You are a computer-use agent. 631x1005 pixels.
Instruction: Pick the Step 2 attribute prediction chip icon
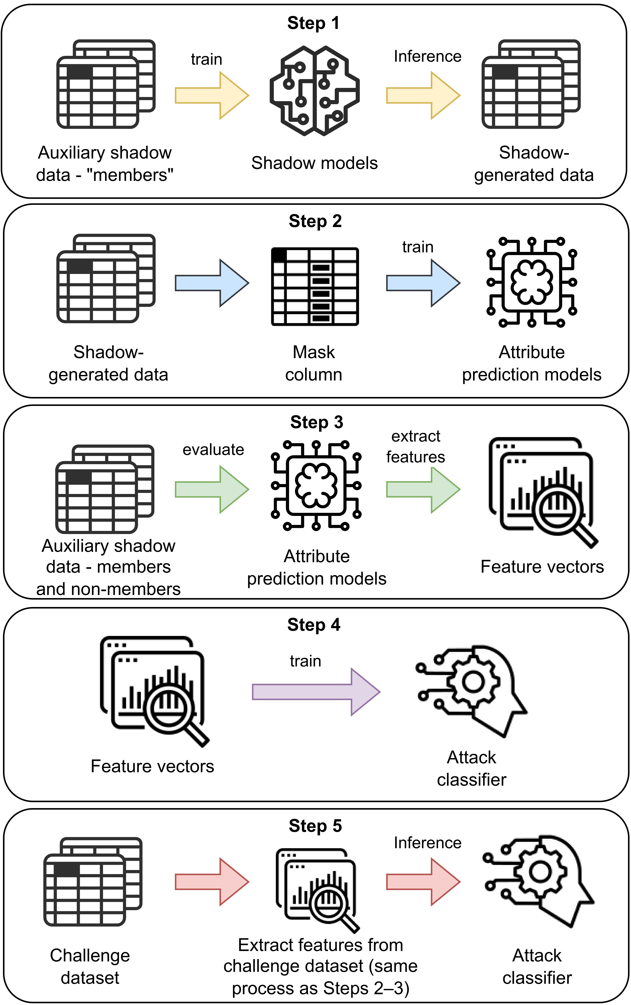532,282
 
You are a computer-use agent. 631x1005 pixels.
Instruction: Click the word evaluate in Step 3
213,449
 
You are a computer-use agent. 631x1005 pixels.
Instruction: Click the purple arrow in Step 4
316,692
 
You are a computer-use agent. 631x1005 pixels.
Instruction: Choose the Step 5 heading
315,826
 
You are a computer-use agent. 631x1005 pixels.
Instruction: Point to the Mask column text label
314,363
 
